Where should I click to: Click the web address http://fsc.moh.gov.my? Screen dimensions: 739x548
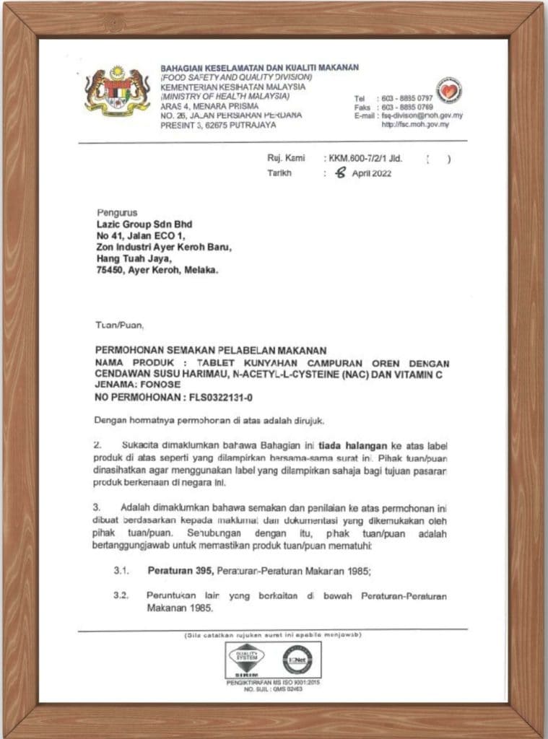(x=415, y=124)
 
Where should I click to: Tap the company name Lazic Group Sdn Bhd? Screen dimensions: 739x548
(x=144, y=224)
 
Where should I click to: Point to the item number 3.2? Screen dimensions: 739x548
(x=121, y=597)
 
